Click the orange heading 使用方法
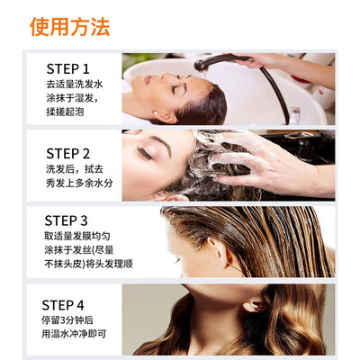click(x=69, y=27)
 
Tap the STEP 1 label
click(x=68, y=69)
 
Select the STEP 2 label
click(x=68, y=154)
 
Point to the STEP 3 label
click(x=66, y=220)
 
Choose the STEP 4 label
click(x=63, y=305)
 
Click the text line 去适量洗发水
click(x=75, y=85)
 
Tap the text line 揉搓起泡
click(x=65, y=112)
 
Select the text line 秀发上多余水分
click(x=79, y=183)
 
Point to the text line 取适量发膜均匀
click(x=77, y=236)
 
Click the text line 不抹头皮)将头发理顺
click(x=88, y=264)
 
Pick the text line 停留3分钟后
click(x=67, y=320)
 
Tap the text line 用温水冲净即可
click(x=74, y=334)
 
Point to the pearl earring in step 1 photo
click(x=156, y=112)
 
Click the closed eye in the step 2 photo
click(x=144, y=153)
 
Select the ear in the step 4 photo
click(x=255, y=305)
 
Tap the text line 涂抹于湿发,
click(x=72, y=98)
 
